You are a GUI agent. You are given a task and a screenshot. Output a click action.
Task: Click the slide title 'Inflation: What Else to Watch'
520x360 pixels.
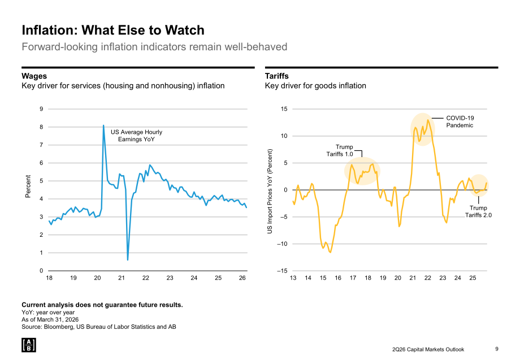[x=113, y=30]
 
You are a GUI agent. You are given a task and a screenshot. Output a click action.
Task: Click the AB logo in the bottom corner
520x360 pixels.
[x=29, y=345]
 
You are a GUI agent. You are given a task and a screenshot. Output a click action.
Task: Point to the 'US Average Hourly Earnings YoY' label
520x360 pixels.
[x=136, y=136]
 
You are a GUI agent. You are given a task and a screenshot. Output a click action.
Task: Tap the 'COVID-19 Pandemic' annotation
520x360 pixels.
[x=460, y=122]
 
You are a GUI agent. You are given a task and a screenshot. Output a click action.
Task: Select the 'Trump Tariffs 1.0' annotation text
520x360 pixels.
[x=340, y=150]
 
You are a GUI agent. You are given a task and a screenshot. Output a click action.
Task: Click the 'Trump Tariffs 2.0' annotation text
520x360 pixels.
[x=478, y=211]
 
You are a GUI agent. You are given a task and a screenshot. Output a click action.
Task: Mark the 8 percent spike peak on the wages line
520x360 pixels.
[x=103, y=125]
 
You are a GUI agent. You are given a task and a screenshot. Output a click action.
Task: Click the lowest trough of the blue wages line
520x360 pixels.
[x=128, y=259]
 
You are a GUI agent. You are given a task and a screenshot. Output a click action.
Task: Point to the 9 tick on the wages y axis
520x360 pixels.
[x=41, y=109]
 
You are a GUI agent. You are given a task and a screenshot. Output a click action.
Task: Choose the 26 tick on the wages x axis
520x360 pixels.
[x=242, y=278]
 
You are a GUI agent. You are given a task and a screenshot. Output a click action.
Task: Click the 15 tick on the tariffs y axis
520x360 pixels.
[x=284, y=109]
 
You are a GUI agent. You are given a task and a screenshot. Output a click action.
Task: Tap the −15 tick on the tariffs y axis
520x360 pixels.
[x=283, y=271]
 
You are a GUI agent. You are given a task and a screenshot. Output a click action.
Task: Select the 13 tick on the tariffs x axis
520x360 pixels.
[x=293, y=278]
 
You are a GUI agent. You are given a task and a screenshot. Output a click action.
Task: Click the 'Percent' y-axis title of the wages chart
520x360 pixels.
[x=28, y=186]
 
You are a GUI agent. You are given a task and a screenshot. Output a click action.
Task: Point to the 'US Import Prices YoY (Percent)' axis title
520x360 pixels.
[x=270, y=191]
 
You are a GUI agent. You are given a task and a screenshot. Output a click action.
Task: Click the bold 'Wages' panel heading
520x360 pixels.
[x=34, y=76]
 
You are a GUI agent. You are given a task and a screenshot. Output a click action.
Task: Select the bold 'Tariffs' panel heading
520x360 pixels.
[x=277, y=76]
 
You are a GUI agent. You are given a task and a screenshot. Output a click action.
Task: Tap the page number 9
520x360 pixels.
[x=497, y=349]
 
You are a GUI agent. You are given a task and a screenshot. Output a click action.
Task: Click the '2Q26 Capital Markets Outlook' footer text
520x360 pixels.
[x=428, y=349]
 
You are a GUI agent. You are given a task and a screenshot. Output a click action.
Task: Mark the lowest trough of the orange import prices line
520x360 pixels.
[x=330, y=253]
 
